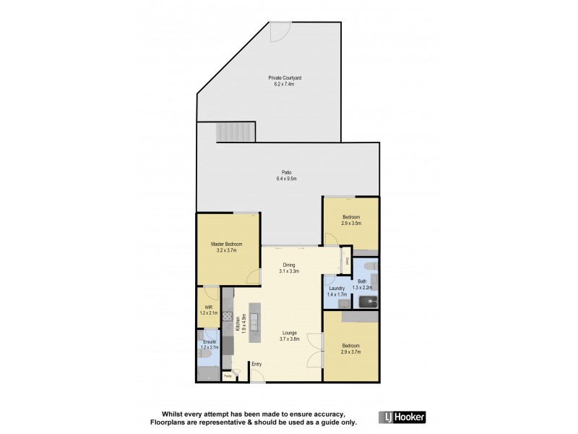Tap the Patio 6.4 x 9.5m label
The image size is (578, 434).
pyautogui.click(x=288, y=176)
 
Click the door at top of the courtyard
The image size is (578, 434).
pyautogui.click(x=279, y=31)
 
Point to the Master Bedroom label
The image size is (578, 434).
pyautogui.click(x=227, y=247)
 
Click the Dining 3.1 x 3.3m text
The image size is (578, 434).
pyautogui.click(x=289, y=268)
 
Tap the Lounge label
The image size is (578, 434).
pyautogui.click(x=289, y=336)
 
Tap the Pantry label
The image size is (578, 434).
pyautogui.click(x=227, y=375)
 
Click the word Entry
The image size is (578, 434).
pyautogui.click(x=257, y=364)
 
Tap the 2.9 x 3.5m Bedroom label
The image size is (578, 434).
pyautogui.click(x=351, y=221)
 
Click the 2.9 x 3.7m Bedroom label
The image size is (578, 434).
pyautogui.click(x=351, y=349)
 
